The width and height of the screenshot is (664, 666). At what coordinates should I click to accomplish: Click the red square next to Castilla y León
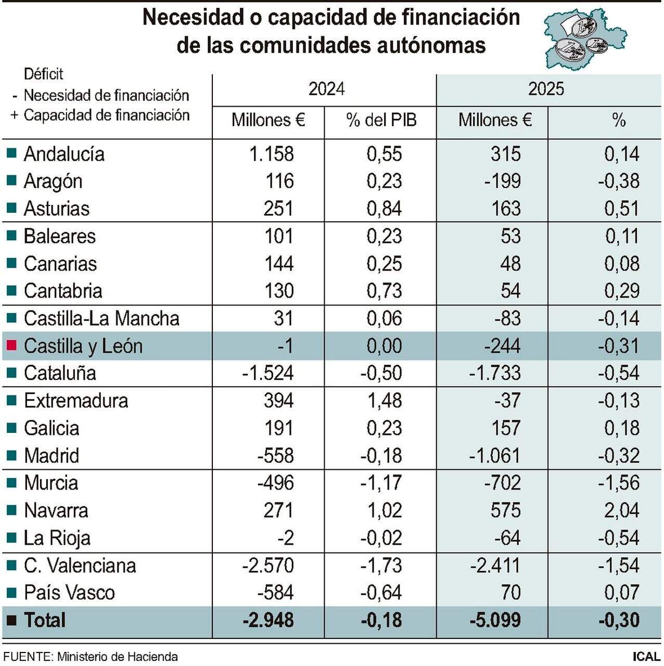pos(11,345)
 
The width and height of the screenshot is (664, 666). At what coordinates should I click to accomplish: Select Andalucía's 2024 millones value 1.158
pos(271,154)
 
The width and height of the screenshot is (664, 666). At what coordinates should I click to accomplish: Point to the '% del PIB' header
pos(381,120)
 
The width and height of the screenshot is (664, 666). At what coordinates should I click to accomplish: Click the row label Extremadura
pos(76,401)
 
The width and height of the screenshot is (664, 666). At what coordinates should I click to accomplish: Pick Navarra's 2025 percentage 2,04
pos(621,510)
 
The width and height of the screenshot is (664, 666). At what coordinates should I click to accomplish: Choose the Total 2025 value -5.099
pos(495,620)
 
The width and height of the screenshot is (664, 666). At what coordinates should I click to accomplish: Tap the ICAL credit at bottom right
pos(646,657)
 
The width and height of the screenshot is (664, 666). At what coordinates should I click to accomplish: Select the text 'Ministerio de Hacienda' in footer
pos(117,657)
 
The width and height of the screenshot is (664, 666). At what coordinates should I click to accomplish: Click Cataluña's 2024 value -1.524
pos(267,373)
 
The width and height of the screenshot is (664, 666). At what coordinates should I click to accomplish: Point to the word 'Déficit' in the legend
pos(44,74)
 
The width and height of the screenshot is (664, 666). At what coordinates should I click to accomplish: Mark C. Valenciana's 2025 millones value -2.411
pos(495,566)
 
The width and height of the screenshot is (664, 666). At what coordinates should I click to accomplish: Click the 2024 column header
pos(326,89)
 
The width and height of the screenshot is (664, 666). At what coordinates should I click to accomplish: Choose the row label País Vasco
pos(69,593)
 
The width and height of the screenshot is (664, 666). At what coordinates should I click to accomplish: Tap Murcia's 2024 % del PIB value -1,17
pos(381,483)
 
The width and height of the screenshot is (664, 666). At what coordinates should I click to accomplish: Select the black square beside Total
pos(11,620)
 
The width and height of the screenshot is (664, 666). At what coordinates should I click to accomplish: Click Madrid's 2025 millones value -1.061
pos(494,456)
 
